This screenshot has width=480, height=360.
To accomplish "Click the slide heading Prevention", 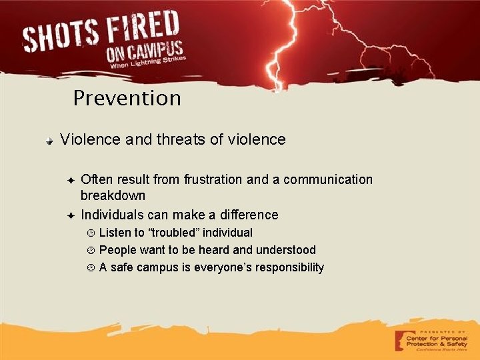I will pos(127,99).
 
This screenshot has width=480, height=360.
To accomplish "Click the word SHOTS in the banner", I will pos(61,36).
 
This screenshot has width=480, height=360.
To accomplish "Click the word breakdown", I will pos(113,196).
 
